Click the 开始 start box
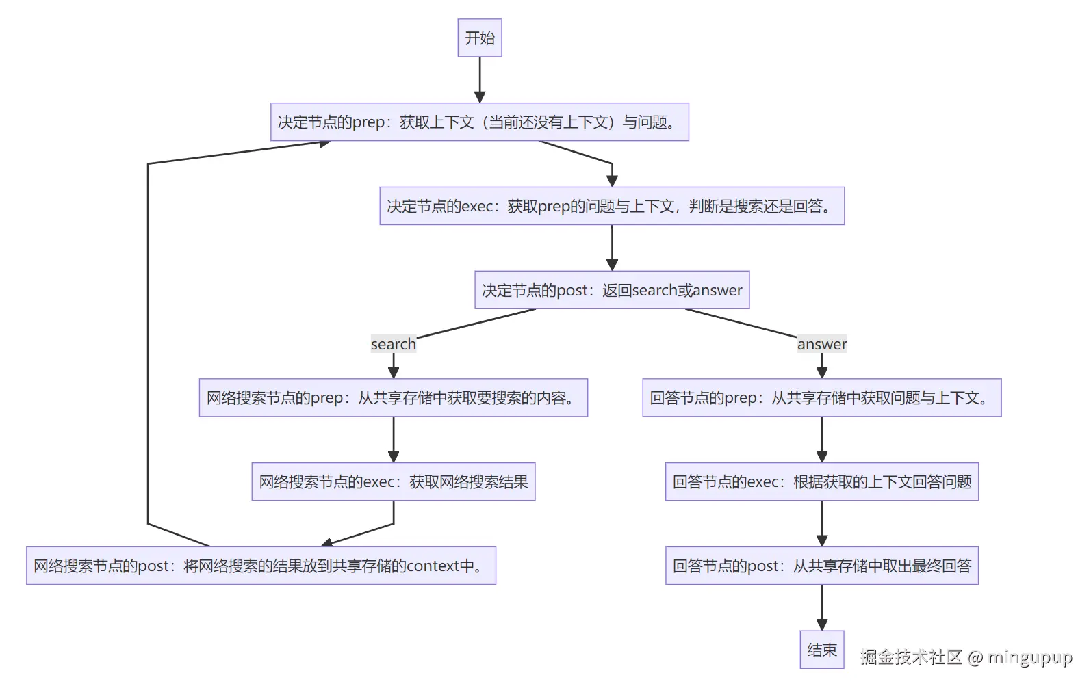[479, 38]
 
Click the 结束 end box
[821, 649]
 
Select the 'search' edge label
[393, 344]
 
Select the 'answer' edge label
[821, 344]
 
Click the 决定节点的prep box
[479, 122]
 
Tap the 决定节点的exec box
[612, 206]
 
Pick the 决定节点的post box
[612, 290]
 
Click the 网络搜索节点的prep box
[393, 397]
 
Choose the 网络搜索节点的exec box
[393, 481]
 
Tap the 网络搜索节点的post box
[261, 566]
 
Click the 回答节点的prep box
[821, 397]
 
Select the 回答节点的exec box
[821, 481]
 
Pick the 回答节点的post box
[821, 566]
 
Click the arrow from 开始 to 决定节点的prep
[480, 79]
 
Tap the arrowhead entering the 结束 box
[822, 624]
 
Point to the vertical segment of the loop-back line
[148, 342]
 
